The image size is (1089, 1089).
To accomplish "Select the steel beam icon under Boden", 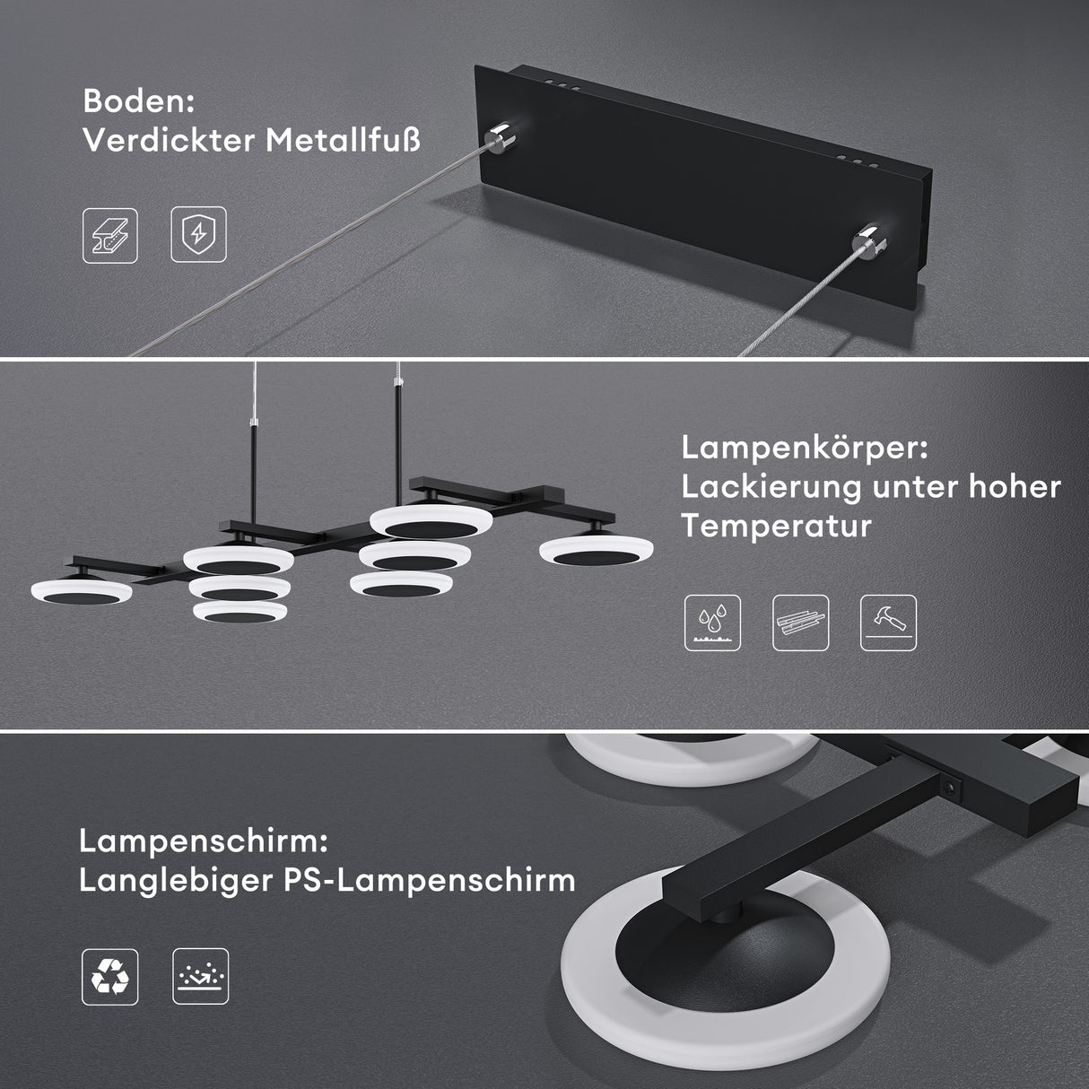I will point(110,236).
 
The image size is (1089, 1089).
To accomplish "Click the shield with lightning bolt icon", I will point(198,236).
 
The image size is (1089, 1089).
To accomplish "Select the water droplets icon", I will point(712,623).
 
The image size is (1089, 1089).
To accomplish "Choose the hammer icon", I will point(888,623).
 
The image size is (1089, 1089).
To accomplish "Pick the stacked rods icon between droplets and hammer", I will point(800,623).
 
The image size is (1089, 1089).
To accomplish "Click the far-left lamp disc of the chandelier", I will point(81,593).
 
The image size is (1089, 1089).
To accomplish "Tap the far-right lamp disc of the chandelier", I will point(596,550).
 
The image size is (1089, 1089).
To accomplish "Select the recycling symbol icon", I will point(110,976).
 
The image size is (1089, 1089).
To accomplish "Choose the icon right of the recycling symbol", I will point(200,976).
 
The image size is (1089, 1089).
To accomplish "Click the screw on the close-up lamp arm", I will point(949,786).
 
